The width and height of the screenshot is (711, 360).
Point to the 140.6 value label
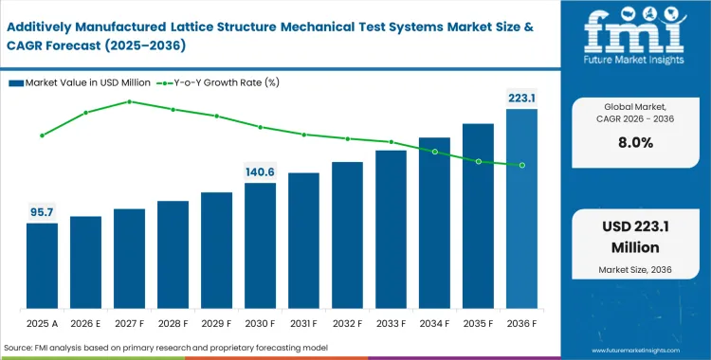point(260,171)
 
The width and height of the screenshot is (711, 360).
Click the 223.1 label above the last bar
point(521,97)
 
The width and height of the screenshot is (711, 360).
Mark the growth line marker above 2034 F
point(434,151)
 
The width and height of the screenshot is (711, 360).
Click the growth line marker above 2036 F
point(521,165)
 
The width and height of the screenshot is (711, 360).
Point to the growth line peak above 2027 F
point(129,100)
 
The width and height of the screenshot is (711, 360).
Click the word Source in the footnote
point(21,349)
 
